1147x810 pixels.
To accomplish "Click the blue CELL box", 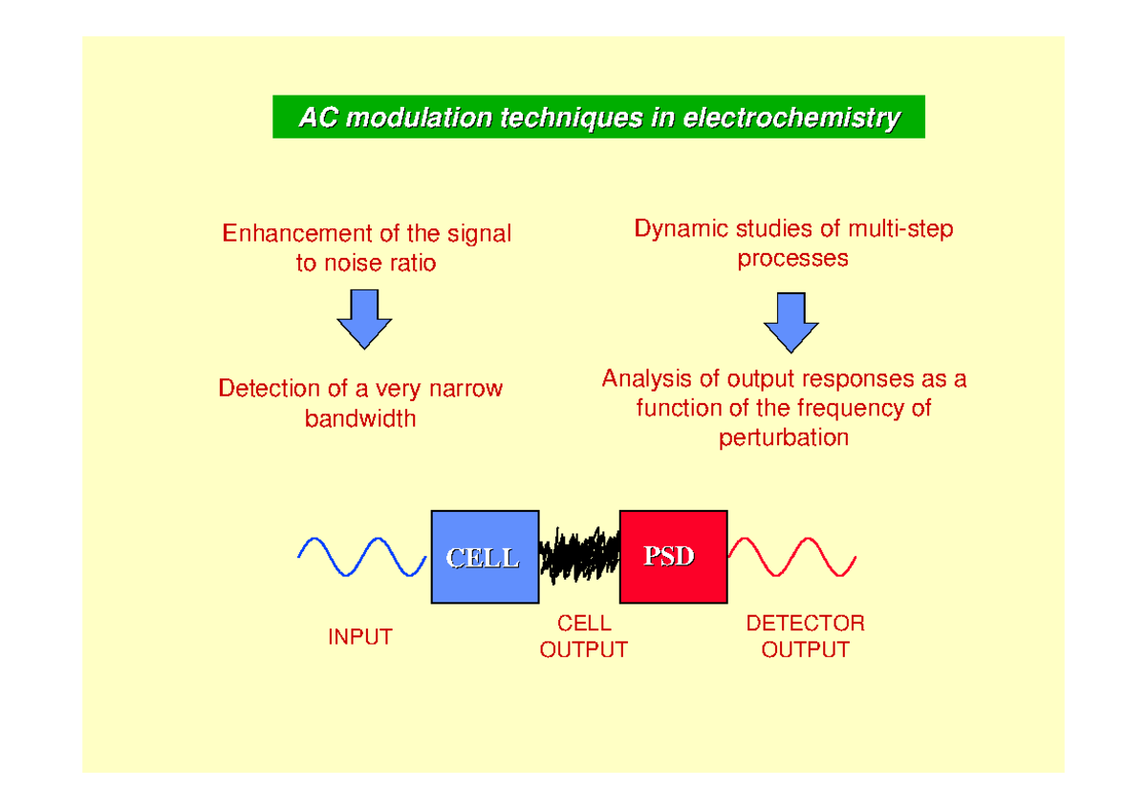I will coord(484,557).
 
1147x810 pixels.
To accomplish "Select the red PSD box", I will coord(667,557).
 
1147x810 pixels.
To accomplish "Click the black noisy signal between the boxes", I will coord(579,556).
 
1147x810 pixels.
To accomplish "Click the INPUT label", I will coord(359,637).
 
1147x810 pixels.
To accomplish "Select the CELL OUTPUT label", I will coord(583,636).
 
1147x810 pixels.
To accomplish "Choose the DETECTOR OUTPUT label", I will coord(805,636).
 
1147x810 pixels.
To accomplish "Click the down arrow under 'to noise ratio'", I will coord(364,318).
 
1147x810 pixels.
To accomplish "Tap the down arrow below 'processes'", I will coord(790,322).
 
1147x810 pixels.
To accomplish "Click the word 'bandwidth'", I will coord(360,418).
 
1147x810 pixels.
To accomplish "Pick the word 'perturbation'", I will coord(784,438).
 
